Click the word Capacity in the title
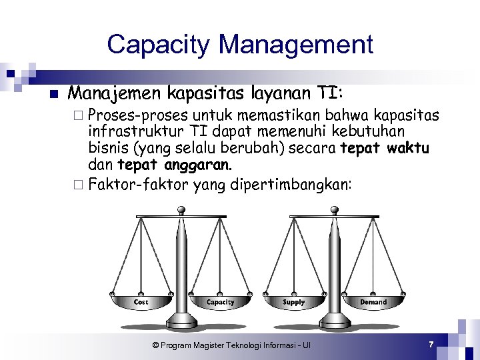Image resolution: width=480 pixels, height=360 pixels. pyautogui.click(x=159, y=45)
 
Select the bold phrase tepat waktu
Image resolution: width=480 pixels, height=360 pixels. pyautogui.click(x=385, y=148)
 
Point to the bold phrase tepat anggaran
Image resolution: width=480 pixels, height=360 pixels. pyautogui.click(x=174, y=164)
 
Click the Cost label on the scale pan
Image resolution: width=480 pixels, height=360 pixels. pyautogui.click(x=141, y=302)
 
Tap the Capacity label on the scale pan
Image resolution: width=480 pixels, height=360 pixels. pyautogui.click(x=220, y=302)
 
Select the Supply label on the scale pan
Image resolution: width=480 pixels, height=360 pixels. pyautogui.click(x=293, y=302)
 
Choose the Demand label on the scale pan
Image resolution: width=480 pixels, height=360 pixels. pyautogui.click(x=373, y=302)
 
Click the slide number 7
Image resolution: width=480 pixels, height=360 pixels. pyautogui.click(x=431, y=344)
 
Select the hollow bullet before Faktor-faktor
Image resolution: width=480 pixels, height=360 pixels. pyautogui.click(x=80, y=185)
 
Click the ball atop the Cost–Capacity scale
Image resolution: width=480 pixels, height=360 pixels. pyautogui.click(x=181, y=211)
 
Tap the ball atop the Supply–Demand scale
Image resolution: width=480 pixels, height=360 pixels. pyautogui.click(x=333, y=211)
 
